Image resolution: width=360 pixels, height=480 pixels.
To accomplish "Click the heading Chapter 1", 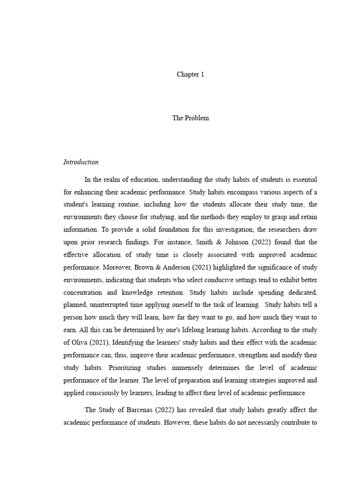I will tap(190, 74).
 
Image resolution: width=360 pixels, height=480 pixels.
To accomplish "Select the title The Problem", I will tap(190, 118).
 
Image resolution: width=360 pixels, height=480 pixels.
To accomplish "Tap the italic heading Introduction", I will tap(81, 162).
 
